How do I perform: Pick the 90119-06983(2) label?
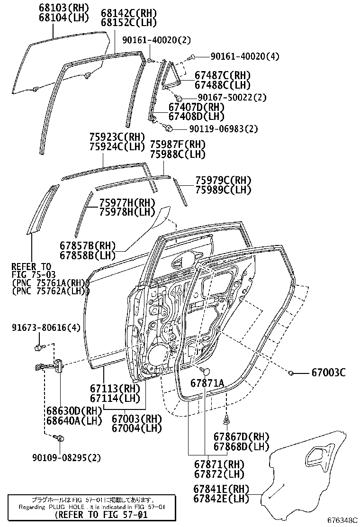coord(224,128)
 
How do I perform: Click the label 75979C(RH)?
coord(223,181)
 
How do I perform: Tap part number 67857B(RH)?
coord(88,245)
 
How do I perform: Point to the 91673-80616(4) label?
coord(46,328)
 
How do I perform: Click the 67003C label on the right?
coord(328,373)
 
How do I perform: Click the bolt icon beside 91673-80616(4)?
coord(38,348)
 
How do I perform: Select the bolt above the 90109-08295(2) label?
coord(59,438)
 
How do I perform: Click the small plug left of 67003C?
coord(292,373)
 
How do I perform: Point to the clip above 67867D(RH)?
coord(227,419)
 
